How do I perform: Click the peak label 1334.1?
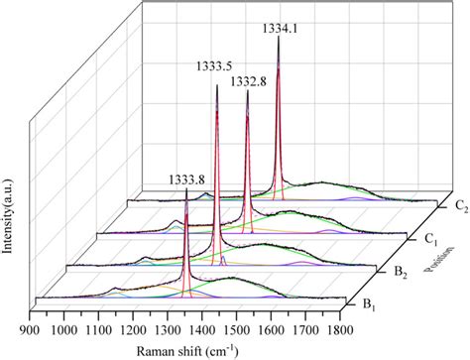point(278,30)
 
